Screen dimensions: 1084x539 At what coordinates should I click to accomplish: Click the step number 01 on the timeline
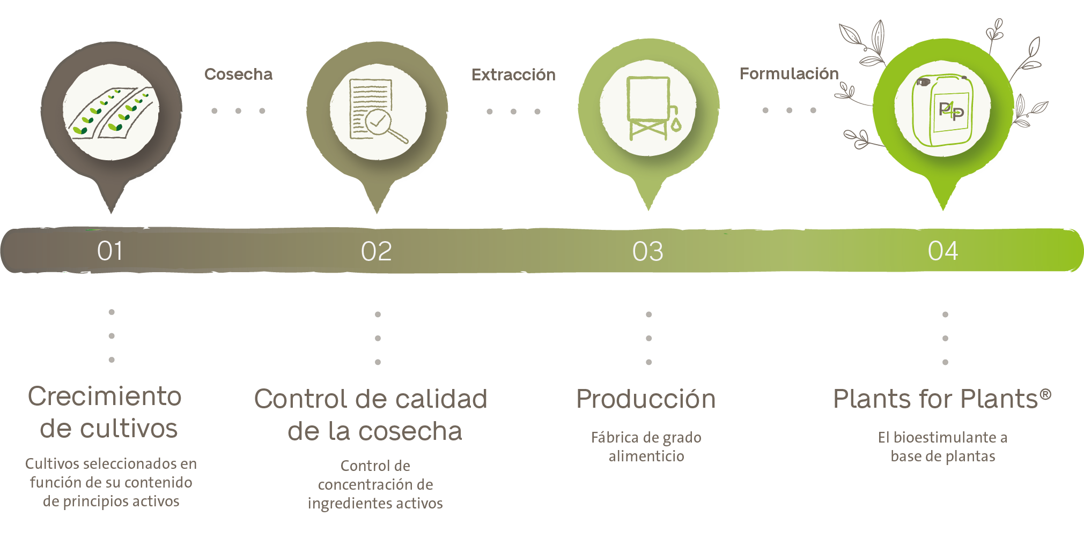[x=110, y=251]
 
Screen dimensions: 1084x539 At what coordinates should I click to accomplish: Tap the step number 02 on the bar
[x=377, y=251]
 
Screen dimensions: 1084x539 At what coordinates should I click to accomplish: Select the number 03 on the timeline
[x=648, y=251]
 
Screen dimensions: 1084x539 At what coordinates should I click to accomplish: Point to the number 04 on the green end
[x=943, y=251]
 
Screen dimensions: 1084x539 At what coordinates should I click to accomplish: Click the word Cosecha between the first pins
[x=238, y=74]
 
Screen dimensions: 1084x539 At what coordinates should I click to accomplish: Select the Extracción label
[x=513, y=74]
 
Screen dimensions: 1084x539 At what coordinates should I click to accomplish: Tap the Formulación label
[x=789, y=73]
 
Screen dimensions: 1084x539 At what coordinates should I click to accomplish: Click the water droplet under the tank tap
[x=676, y=125]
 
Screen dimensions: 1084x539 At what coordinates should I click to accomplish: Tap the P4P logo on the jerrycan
[x=952, y=111]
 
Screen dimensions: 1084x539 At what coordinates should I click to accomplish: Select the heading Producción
[x=646, y=399]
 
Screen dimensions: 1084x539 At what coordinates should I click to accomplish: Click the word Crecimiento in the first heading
[x=105, y=396]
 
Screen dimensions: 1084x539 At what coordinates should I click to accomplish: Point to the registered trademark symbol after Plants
[x=1045, y=395]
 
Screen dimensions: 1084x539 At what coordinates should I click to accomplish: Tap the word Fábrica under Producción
[x=615, y=437]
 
